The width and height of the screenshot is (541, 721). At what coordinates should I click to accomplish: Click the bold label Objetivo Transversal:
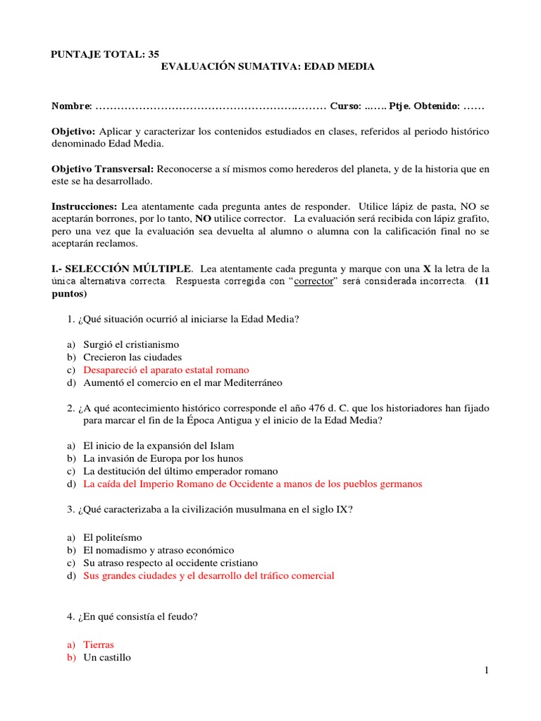click(x=104, y=169)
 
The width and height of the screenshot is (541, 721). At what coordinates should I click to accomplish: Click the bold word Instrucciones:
click(x=85, y=206)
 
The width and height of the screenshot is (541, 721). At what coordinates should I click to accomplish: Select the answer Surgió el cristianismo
click(x=131, y=344)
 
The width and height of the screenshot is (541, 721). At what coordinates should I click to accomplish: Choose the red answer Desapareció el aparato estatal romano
click(x=166, y=370)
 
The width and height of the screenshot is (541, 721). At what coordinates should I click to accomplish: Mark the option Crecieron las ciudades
click(x=132, y=357)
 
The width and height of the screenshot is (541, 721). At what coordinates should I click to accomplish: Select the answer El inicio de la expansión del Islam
click(x=158, y=446)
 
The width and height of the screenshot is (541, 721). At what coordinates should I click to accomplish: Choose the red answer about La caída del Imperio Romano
click(x=252, y=484)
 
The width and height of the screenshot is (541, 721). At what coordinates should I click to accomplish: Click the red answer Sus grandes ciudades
click(x=209, y=575)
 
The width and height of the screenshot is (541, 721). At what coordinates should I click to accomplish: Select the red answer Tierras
click(x=98, y=644)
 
